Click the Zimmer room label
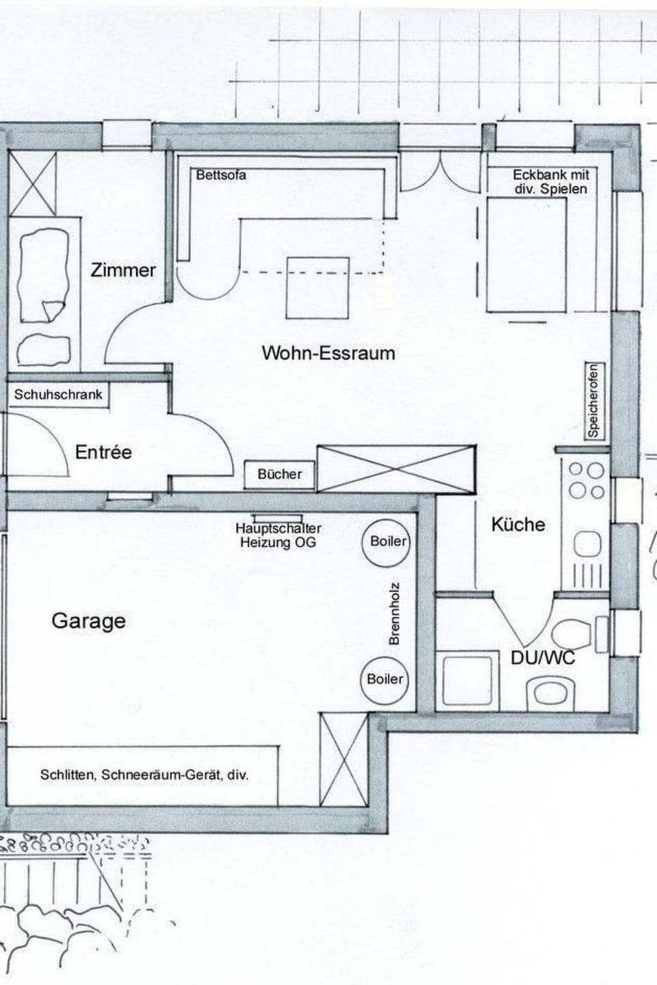123,270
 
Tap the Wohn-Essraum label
328,353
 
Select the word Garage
89,621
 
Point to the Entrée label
103,452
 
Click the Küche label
518,525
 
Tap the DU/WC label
543,657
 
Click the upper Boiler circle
387,541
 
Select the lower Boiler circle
385,679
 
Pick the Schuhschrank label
58,395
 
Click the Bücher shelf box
280,474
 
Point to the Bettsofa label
220,175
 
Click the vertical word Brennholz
394,613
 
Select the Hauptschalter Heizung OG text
279,535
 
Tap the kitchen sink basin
587,545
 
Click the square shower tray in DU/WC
468,681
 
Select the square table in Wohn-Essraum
318,287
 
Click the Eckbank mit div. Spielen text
550,182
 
